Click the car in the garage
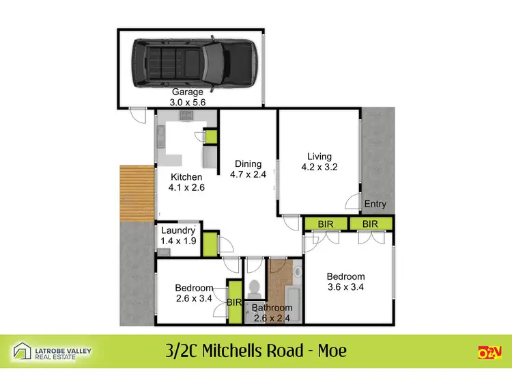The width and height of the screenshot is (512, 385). tap(193, 65)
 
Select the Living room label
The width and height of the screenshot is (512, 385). tap(319, 155)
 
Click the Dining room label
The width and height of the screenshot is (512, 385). tap(248, 163)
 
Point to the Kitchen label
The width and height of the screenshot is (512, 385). tap(186, 177)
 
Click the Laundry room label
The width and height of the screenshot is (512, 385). tap(178, 231)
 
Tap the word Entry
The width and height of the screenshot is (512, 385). tap(375, 204)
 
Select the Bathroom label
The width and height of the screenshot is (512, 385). tap(272, 308)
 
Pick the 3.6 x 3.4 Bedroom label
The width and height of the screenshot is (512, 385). tap(346, 276)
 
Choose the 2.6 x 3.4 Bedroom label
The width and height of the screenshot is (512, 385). tap(194, 288)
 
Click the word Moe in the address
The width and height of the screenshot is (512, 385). tap(331, 351)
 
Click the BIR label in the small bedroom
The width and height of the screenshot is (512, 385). tap(234, 301)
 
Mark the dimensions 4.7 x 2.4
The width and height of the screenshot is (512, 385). tap(248, 174)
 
